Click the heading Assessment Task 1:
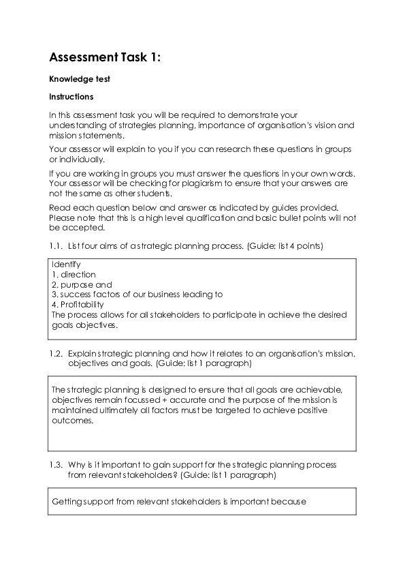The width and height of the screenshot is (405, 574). pos(106,58)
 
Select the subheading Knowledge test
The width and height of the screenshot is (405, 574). pos(80,79)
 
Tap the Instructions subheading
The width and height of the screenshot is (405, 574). pos(71,97)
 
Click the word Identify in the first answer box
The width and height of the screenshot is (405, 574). pos(66,264)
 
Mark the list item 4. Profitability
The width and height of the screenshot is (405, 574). pos(78,305)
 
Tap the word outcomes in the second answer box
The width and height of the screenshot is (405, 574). pos(71,421)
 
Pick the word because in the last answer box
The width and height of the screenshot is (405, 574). pos(289,502)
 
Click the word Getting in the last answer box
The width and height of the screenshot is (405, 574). pos(67,502)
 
